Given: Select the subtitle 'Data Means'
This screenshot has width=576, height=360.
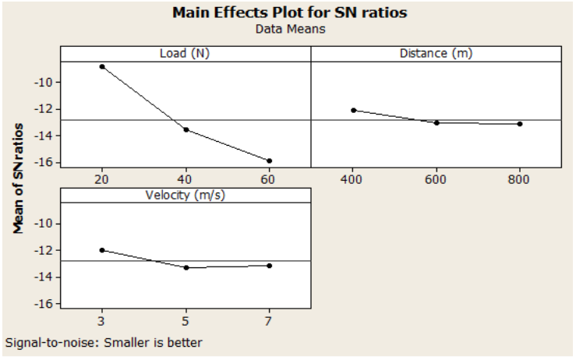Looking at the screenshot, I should click(288, 29).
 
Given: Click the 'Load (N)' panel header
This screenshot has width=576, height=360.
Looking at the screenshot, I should click(186, 54).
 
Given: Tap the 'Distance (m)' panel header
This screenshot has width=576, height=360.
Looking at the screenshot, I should click(436, 54).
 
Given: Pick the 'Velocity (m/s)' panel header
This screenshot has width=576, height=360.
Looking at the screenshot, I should click(186, 195).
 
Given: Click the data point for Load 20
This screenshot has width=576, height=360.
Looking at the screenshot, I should click(102, 66).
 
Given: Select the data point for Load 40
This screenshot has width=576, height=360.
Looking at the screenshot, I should click(186, 129).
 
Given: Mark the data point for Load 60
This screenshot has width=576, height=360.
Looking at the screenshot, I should click(269, 161).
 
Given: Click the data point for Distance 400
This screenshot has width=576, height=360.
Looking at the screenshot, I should click(353, 110).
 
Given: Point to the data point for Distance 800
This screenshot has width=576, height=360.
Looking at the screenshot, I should click(519, 124).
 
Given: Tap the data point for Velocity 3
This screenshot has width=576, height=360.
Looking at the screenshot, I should click(102, 250).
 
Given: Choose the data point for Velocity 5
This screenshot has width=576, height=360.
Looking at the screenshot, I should click(186, 267).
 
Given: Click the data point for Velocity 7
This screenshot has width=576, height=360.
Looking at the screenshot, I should click(269, 266).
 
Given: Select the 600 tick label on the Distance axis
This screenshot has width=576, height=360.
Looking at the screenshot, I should click(436, 178).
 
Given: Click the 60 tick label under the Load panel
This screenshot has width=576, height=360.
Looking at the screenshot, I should click(269, 178).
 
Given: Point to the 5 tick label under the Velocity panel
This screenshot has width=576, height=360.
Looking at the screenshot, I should click(186, 320).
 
